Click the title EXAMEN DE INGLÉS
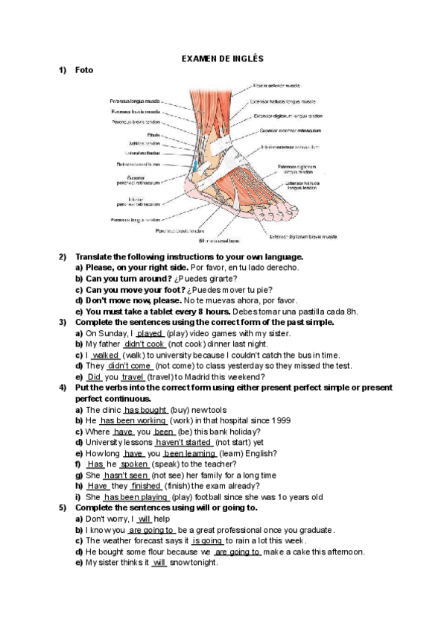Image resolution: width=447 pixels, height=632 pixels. [x=223, y=58]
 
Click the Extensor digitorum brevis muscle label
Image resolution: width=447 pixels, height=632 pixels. [x=302, y=236]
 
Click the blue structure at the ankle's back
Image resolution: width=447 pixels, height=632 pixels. [x=194, y=163]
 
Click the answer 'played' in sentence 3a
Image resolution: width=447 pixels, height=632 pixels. [x=150, y=333]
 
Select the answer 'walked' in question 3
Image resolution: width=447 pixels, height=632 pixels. [x=105, y=355]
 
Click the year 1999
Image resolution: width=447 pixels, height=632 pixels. [x=280, y=420]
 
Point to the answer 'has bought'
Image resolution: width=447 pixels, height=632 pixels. [x=145, y=410]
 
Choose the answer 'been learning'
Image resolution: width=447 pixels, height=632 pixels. [x=190, y=453]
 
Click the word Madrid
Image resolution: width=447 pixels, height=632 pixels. [x=210, y=377]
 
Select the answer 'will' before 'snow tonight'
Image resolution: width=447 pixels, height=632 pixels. [x=159, y=563]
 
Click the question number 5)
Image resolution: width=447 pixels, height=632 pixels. [x=63, y=508]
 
